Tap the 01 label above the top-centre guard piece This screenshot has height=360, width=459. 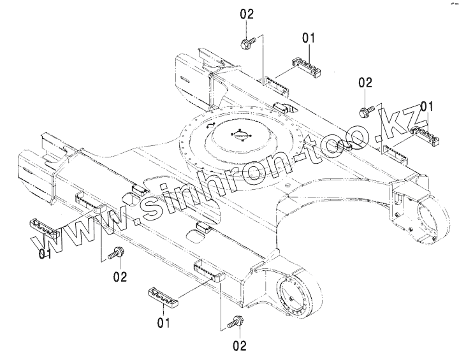click(309, 39)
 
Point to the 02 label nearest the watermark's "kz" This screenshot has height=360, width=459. click(365, 82)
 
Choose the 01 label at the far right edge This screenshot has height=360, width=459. click(426, 105)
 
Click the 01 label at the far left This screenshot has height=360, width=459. click(45, 255)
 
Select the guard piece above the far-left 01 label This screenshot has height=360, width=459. click(43, 227)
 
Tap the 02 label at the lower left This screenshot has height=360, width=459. click(119, 277)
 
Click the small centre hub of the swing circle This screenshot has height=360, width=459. click(238, 134)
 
